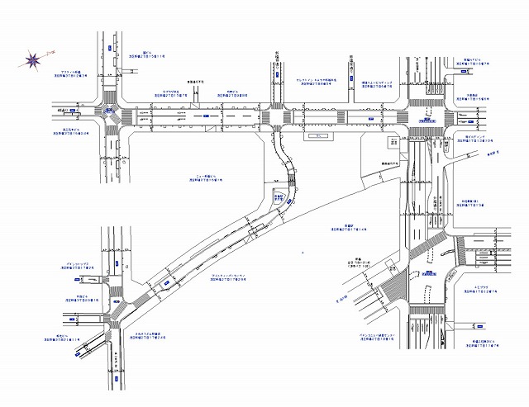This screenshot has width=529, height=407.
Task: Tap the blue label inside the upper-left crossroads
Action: (x=110, y=110)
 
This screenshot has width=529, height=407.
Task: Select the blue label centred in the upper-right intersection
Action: (x=426, y=121)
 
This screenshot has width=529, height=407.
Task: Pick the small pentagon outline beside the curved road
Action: (x=279, y=196)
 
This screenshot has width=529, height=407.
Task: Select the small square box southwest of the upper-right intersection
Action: (x=393, y=143)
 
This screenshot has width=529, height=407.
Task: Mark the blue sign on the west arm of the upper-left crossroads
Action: (x=74, y=109)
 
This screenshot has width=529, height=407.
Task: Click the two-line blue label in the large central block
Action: (x=208, y=178)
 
